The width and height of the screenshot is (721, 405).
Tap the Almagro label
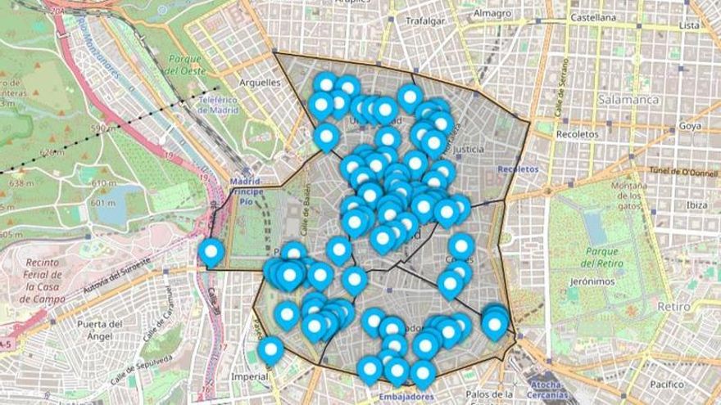492,13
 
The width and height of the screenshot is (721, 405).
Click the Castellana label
592,16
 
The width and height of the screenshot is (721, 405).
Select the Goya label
690,127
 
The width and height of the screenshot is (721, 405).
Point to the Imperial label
251,377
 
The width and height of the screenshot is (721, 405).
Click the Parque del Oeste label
185,65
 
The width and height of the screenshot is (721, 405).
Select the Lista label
688,25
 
